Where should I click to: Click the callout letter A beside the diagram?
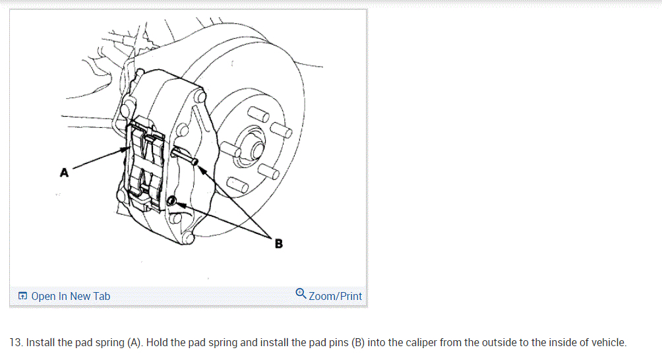[x=64, y=173]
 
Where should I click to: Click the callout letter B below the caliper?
[x=278, y=244]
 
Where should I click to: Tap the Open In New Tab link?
[x=71, y=296]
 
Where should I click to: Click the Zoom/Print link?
[x=335, y=296]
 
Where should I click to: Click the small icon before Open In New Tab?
[x=22, y=297]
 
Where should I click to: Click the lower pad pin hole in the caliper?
[x=172, y=201]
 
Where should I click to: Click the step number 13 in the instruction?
[x=16, y=343]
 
